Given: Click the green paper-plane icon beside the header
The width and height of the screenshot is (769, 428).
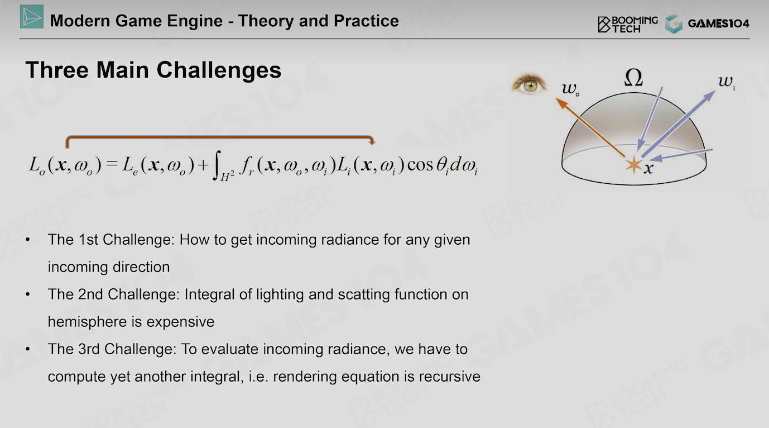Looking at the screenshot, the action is (32, 17).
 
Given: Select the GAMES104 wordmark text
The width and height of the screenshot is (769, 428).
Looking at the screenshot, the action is (719, 23).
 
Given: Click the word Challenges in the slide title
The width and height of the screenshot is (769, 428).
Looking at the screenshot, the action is (219, 70).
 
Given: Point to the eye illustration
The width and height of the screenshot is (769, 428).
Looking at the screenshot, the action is (529, 84).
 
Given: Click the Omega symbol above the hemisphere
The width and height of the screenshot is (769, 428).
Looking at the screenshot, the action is (633, 77).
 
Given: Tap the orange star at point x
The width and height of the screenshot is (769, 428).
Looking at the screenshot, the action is (634, 165).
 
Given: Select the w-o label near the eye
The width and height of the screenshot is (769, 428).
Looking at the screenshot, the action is (570, 89).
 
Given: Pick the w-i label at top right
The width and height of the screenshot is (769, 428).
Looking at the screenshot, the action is (727, 82).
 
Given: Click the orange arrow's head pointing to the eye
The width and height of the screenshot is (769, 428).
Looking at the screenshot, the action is (561, 103).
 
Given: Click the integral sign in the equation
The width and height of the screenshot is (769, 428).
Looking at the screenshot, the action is (217, 165).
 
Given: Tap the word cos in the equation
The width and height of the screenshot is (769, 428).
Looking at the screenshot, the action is (420, 165).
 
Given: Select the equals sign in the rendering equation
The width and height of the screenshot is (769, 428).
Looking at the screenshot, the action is (112, 164).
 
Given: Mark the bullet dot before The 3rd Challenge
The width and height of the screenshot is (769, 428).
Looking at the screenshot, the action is (28, 349).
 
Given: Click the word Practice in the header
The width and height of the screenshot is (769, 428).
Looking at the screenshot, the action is (366, 21).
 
